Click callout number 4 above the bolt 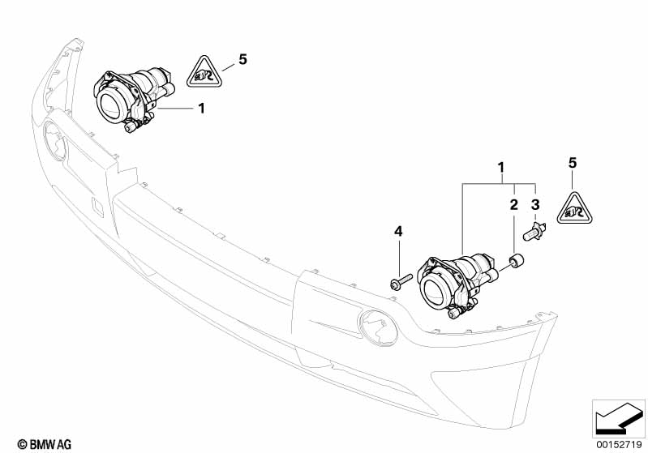coord(398,232)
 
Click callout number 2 coord(513,204)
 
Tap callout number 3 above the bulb coord(535,204)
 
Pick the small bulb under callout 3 coord(534,232)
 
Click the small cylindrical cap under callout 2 coord(517,262)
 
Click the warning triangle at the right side coord(574,209)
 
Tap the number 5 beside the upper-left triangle coord(243,59)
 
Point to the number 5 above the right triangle coord(573,163)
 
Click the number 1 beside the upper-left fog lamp coord(202,109)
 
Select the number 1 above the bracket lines coord(501,168)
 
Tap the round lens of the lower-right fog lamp coord(435,291)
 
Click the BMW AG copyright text coord(45,444)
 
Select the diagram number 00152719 coord(619,444)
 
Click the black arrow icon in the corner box coord(619,418)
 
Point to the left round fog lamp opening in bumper coord(55,140)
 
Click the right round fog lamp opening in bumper coord(378,327)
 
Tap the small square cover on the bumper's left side coord(97,207)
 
